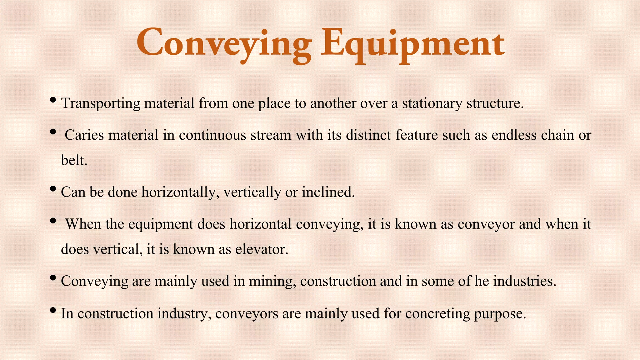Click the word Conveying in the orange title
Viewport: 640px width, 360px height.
(224, 44)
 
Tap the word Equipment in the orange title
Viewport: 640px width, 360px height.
(412, 44)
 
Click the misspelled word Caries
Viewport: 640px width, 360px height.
(84, 135)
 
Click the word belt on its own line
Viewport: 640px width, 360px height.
(74, 161)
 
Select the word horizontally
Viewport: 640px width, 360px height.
(178, 192)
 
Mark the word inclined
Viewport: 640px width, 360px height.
(328, 192)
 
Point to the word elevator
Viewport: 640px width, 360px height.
(262, 249)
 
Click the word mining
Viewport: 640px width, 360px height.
(272, 281)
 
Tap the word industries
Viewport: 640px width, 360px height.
(525, 281)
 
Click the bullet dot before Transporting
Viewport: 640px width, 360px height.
(53, 100)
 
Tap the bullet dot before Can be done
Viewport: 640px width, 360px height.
(53, 189)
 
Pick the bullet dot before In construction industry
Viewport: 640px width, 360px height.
(53, 310)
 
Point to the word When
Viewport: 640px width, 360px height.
(83, 224)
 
